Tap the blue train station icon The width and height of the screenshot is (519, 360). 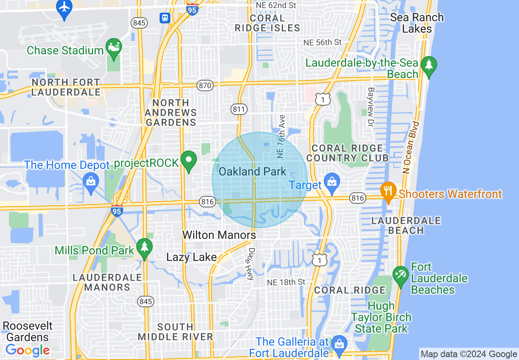pyautogui.click(x=165, y=18)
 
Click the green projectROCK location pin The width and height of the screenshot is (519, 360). pyautogui.click(x=189, y=161)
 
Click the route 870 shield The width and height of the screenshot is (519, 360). pyautogui.click(x=205, y=85)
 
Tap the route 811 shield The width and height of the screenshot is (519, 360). pyautogui.click(x=239, y=109)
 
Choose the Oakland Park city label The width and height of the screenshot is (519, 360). pyautogui.click(x=252, y=171)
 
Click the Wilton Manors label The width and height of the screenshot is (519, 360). pyautogui.click(x=219, y=235)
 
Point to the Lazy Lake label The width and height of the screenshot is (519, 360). pyautogui.click(x=191, y=257)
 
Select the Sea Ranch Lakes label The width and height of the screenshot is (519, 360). pyautogui.click(x=417, y=23)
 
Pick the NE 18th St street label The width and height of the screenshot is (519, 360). pyautogui.click(x=286, y=282)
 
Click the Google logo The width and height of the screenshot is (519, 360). pyautogui.click(x=27, y=350)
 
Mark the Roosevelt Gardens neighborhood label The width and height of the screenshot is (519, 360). pyautogui.click(x=27, y=331)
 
